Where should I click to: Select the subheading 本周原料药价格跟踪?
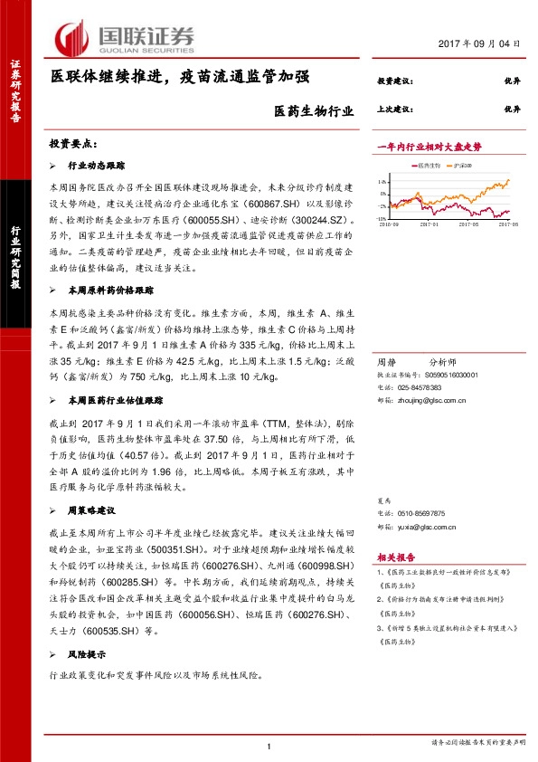click(x=110, y=291)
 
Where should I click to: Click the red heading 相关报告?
click(x=393, y=557)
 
